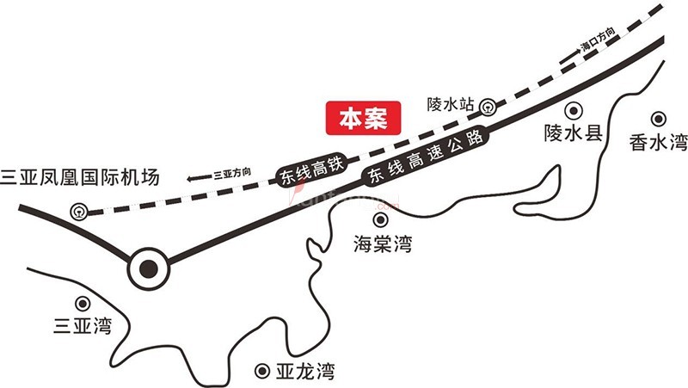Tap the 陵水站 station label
click(x=451, y=104)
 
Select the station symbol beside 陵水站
click(x=488, y=107)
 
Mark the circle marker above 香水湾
click(x=659, y=119)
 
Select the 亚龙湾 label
click(x=304, y=373)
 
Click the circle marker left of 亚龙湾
click(x=261, y=372)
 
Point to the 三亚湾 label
click(x=83, y=327)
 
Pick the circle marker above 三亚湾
click(x=83, y=303)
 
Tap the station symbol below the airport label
click(x=79, y=209)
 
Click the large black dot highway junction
click(x=149, y=268)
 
